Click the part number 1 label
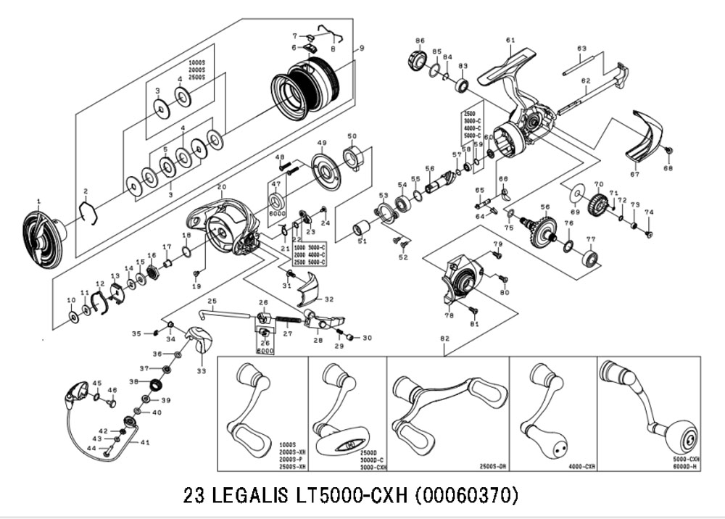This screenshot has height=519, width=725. pos(39,201)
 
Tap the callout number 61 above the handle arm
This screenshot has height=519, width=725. pos(510,40)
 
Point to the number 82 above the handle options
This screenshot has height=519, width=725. pos(444,339)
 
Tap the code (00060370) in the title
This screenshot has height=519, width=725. pos(466,496)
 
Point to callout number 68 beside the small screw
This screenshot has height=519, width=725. pos(668,169)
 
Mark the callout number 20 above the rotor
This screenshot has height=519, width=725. pos(221,187)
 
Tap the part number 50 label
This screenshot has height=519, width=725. pos(352,136)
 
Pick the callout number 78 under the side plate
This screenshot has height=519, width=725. pos(449,316)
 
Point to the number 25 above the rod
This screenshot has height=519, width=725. pos(212,301)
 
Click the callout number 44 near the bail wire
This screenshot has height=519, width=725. pos(91,449)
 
